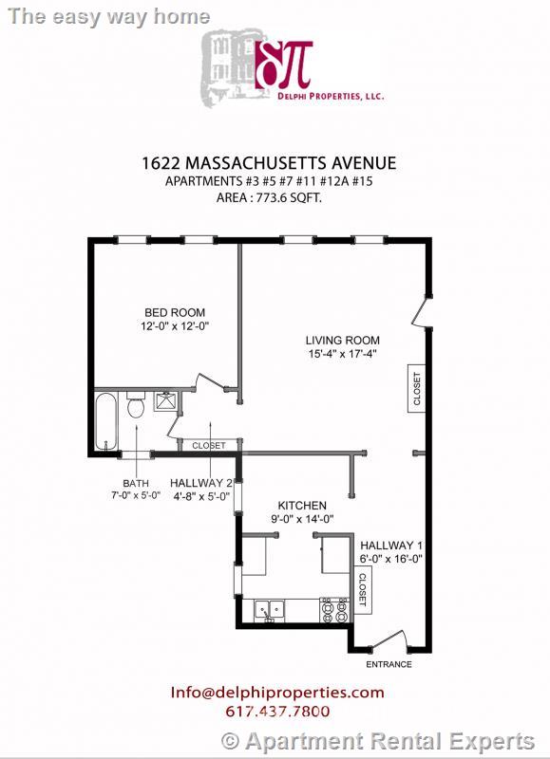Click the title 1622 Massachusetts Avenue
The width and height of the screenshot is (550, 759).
(x=275, y=163)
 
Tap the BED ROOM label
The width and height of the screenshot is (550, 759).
(x=175, y=313)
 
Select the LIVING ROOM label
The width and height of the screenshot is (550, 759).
(x=342, y=341)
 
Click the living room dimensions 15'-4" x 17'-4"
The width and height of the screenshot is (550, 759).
(x=342, y=355)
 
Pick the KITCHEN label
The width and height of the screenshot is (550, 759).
(x=302, y=506)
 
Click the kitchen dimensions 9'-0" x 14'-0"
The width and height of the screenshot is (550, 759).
(x=302, y=519)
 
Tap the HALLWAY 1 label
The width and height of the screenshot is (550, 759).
(x=391, y=546)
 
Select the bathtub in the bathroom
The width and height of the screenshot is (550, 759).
(x=106, y=420)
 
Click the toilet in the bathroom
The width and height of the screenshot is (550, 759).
(x=136, y=406)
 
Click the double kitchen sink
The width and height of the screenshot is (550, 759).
(x=269, y=610)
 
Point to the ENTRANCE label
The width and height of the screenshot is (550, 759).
(x=389, y=664)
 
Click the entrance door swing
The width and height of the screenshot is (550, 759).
(x=389, y=641)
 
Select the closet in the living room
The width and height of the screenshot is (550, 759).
(x=416, y=388)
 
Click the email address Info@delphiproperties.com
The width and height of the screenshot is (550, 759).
(x=277, y=693)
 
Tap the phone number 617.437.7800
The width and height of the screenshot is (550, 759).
(x=277, y=712)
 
